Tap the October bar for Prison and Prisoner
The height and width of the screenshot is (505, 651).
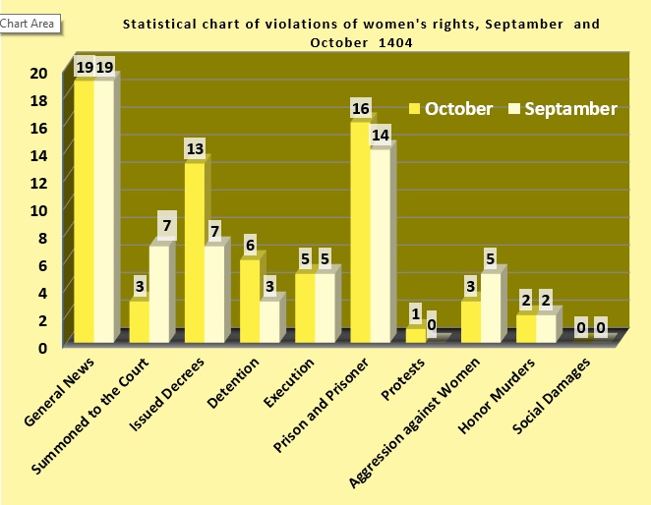tap(361, 232)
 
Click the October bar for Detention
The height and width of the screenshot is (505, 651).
tap(250, 301)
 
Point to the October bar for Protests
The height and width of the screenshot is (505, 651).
tap(416, 335)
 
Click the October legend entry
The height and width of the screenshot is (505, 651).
tap(449, 108)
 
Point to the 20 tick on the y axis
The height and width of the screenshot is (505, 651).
tap(38, 73)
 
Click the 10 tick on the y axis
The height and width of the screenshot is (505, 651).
tap(38, 209)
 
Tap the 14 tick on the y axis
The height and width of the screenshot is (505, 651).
tap(38, 154)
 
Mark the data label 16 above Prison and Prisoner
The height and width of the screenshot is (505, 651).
tap(360, 108)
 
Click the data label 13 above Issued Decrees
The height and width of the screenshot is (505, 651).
tap(195, 149)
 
